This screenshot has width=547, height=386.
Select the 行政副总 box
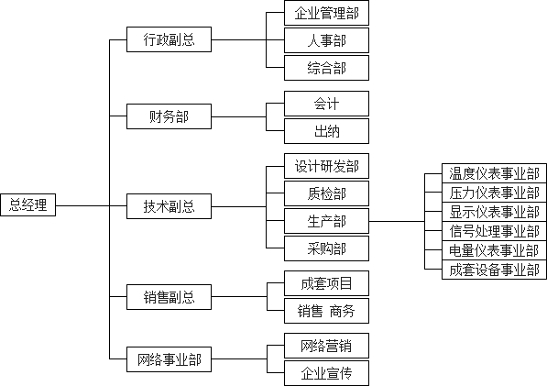pyautogui.click(x=170, y=40)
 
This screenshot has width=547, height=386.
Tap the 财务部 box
pyautogui.click(x=170, y=116)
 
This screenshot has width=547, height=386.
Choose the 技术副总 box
pyautogui.click(x=170, y=206)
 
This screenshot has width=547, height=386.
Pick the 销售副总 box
pyautogui.click(x=170, y=297)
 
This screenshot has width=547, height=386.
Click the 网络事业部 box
pyautogui.click(x=170, y=360)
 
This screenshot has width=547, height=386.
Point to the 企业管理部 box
pyautogui.click(x=326, y=14)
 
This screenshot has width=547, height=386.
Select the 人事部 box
pyautogui.click(x=326, y=40)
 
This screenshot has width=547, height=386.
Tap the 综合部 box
pyautogui.click(x=326, y=67)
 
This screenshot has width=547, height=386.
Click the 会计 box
pyautogui.click(x=326, y=104)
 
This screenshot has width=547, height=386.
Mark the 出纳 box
pyautogui.click(x=326, y=130)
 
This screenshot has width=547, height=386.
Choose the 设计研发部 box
pyautogui.click(x=326, y=167)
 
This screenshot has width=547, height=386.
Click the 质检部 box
pyautogui.click(x=326, y=193)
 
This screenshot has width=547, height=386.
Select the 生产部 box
pyautogui.click(x=326, y=221)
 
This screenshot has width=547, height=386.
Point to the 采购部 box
pyautogui.click(x=326, y=248)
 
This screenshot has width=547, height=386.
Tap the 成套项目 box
pyautogui.click(x=326, y=283)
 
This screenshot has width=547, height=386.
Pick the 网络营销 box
pyautogui.click(x=326, y=347)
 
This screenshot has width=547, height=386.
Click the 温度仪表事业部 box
pyautogui.click(x=495, y=173)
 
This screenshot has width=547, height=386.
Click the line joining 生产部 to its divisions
pyautogui.click(x=399, y=221)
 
